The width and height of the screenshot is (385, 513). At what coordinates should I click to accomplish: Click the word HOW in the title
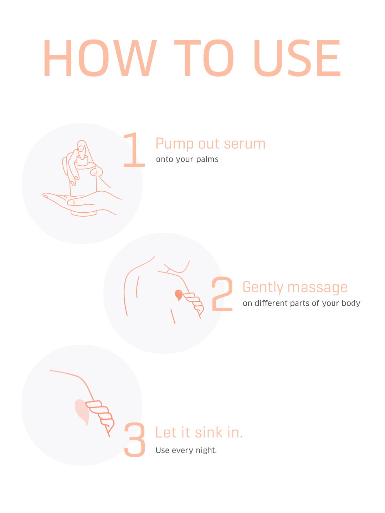click(x=100, y=58)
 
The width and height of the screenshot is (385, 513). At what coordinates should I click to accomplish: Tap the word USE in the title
click(x=297, y=58)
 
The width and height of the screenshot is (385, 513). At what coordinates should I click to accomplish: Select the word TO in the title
click(x=204, y=58)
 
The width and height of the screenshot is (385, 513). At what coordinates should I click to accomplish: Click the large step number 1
click(x=134, y=150)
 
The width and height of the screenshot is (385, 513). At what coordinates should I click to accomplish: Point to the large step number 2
click(x=222, y=294)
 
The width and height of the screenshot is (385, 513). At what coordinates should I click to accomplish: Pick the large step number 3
click(x=135, y=439)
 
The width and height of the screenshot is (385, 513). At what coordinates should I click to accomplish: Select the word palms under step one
click(x=207, y=160)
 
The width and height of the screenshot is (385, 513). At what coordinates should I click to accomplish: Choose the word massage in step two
click(x=317, y=288)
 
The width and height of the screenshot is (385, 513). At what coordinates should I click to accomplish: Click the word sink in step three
click(x=209, y=432)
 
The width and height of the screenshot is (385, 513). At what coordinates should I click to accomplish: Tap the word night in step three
click(x=206, y=451)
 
